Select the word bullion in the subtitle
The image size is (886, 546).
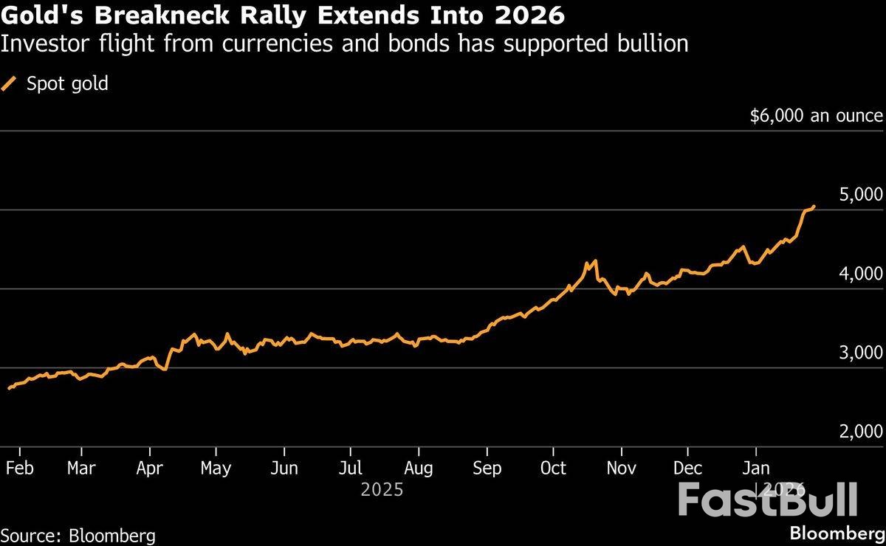[653, 44]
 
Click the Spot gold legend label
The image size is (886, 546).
[67, 84]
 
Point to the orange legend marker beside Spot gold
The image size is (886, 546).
[10, 84]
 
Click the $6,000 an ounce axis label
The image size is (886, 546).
[816, 116]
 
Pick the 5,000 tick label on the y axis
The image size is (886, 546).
[862, 195]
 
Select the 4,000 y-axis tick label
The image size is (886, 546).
[862, 274]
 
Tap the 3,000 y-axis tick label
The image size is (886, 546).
[862, 353]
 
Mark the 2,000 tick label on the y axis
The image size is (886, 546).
[862, 432]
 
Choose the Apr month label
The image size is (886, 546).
[150, 468]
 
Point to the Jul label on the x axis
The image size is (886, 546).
[351, 468]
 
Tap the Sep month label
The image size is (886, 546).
[487, 468]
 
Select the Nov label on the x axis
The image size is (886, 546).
[621, 468]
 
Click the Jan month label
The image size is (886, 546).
[755, 468]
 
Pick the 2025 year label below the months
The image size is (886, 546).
[382, 489]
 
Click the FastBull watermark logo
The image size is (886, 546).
[768, 500]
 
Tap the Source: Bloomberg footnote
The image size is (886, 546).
[78, 535]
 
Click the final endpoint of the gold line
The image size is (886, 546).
[814, 207]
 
